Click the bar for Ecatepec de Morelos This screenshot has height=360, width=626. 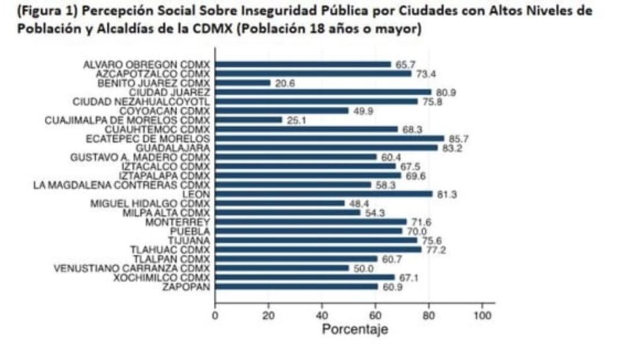tap(329, 139)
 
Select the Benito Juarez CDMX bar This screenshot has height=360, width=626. tap(243, 83)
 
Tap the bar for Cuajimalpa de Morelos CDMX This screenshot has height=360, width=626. tap(249, 120)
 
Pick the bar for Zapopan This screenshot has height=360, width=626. tap(296, 287)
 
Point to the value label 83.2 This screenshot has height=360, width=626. tap(452, 148)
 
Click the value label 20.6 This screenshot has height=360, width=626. tap(285, 83)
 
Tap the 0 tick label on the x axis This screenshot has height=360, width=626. tap(215, 315)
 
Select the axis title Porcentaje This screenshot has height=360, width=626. tap(355, 329)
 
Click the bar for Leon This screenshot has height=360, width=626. tap(323, 195)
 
